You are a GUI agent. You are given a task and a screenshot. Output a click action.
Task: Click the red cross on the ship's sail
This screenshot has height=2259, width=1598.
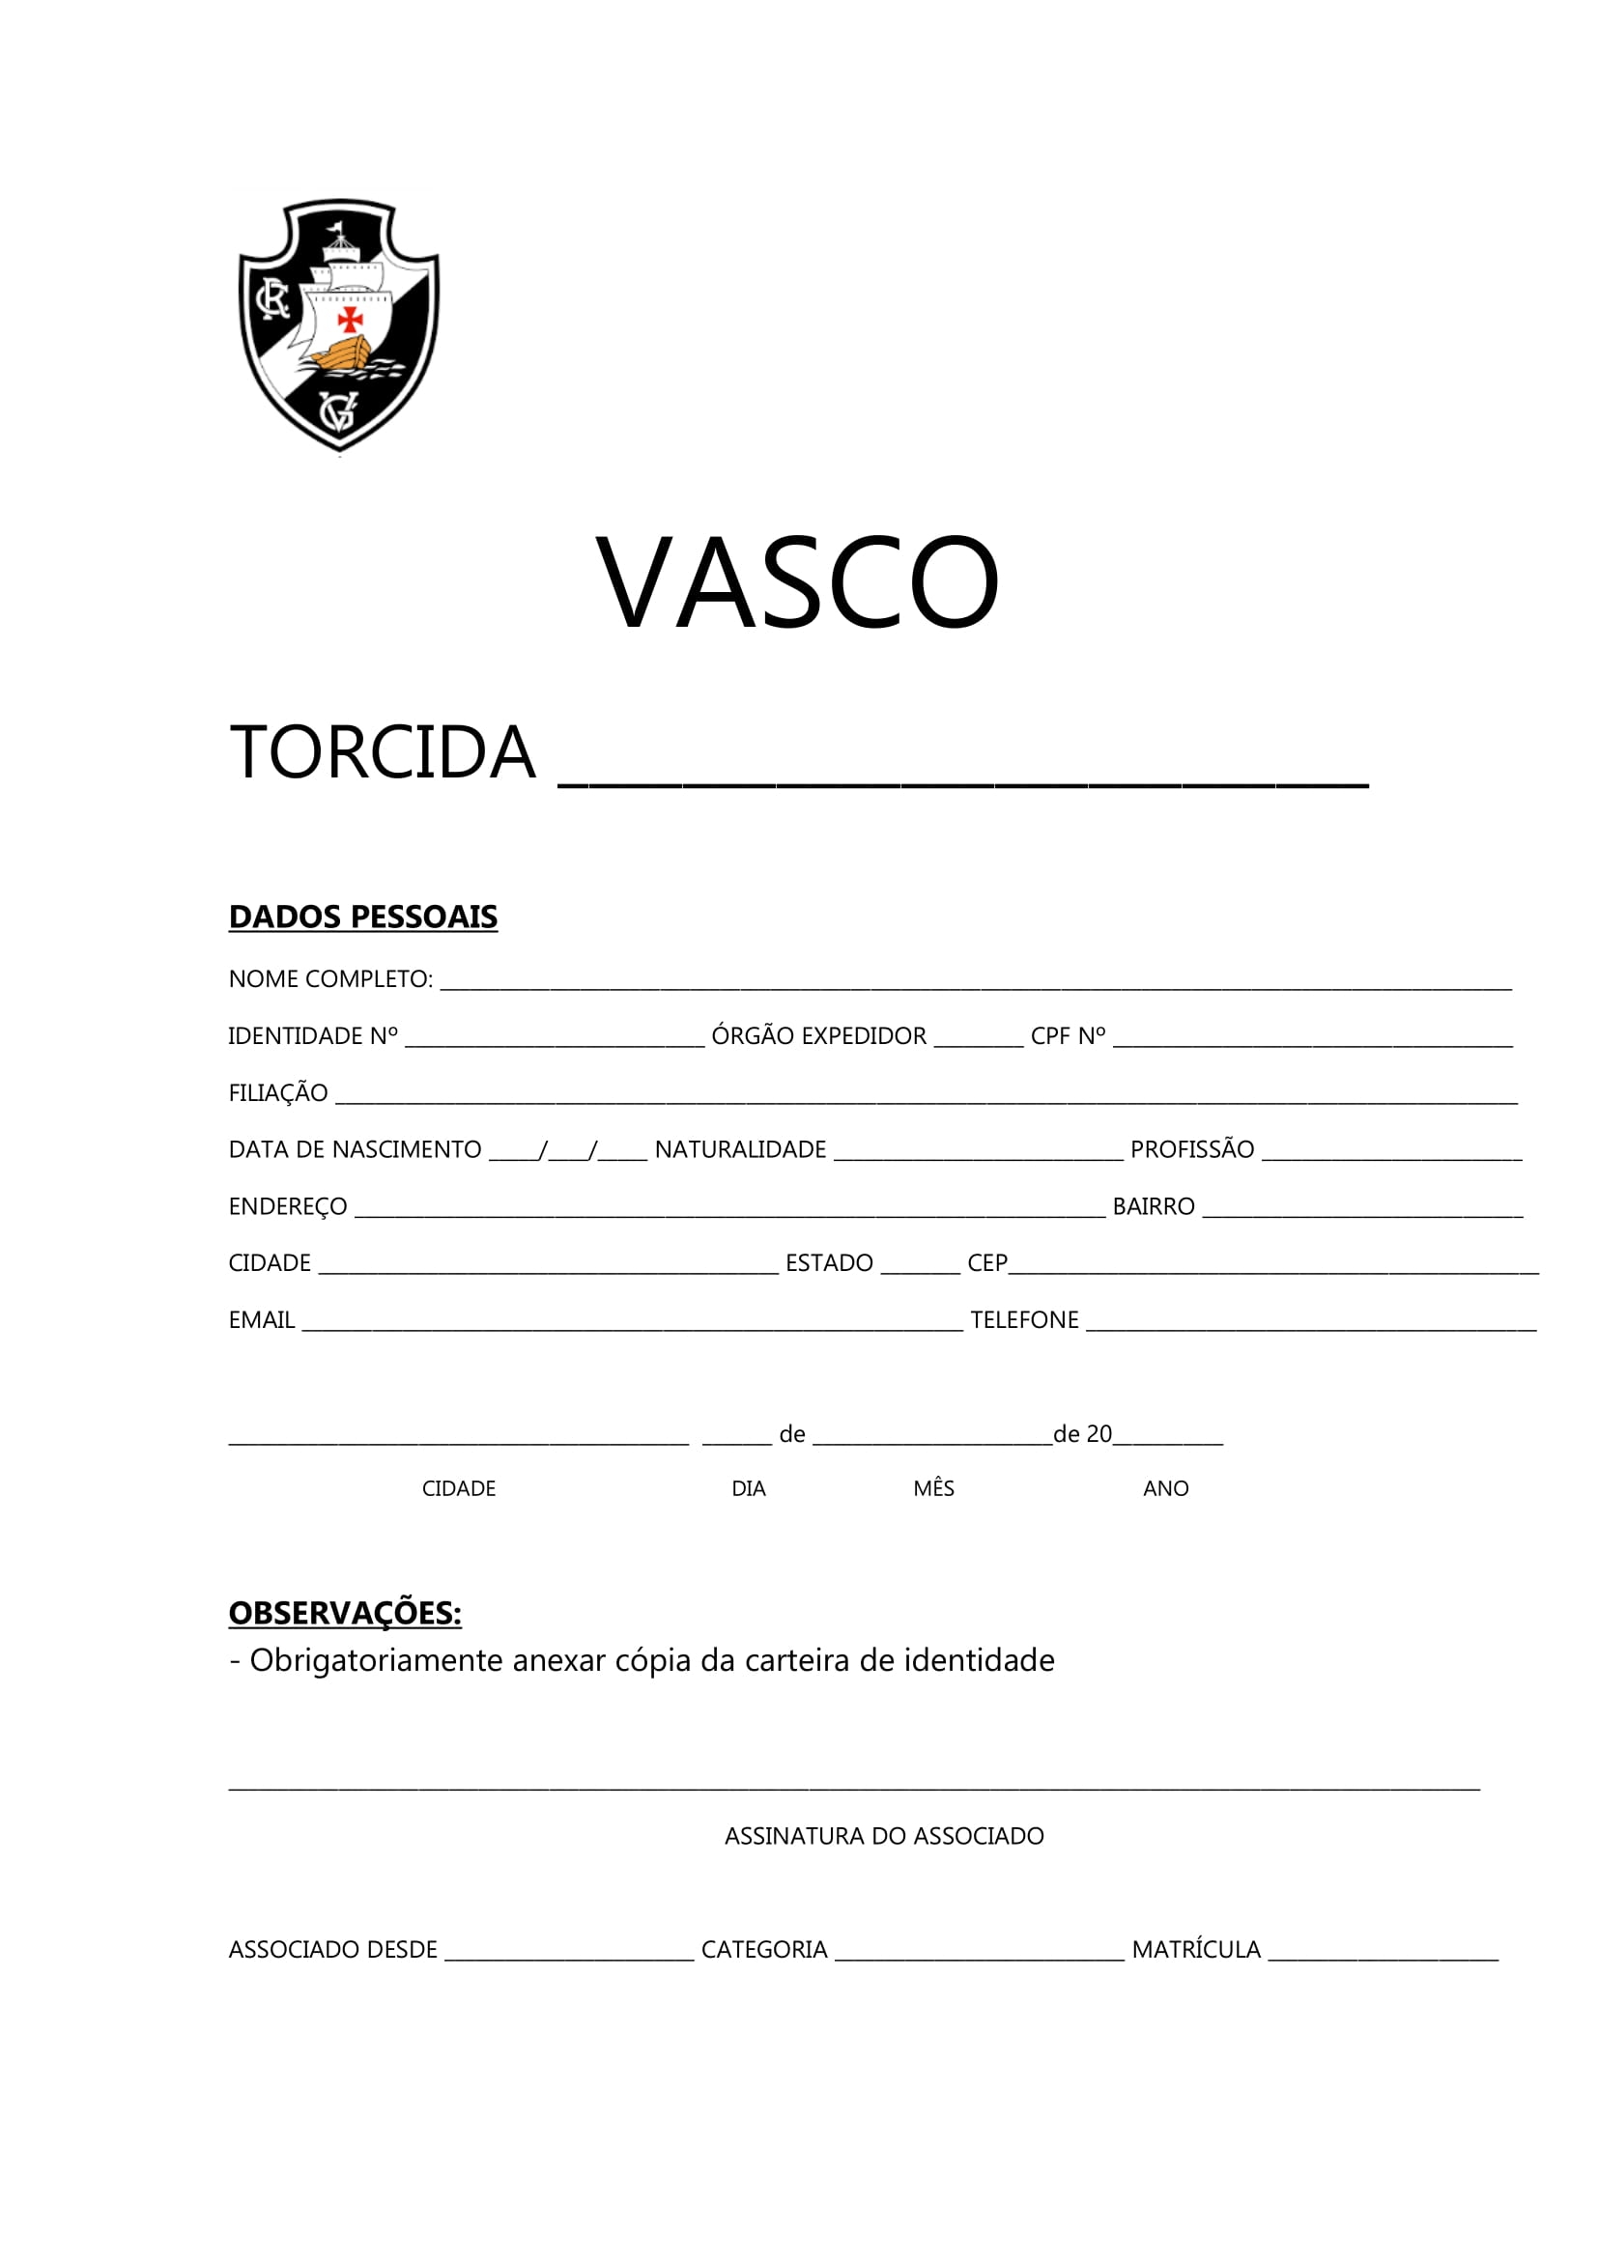[x=351, y=318]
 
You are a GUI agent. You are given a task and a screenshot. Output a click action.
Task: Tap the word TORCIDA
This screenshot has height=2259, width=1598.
[x=383, y=752]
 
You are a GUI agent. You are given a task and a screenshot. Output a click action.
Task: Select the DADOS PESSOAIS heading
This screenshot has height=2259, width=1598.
[x=363, y=917]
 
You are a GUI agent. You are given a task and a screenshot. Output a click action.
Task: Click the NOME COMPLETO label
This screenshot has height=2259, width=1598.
[x=330, y=979]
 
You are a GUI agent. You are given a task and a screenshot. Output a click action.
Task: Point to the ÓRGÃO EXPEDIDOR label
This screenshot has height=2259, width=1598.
[x=818, y=1036]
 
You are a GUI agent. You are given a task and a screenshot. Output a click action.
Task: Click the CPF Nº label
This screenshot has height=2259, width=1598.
[x=1068, y=1036]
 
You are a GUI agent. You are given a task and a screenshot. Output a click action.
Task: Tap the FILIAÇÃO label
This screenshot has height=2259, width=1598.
[x=278, y=1093]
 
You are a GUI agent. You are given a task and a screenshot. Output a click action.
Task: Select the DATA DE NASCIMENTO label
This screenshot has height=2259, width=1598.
[x=356, y=1149]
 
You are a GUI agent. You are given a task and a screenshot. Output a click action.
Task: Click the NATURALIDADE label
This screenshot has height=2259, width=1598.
[x=740, y=1149]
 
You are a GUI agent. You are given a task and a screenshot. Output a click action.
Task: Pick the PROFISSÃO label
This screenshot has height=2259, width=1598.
[x=1191, y=1149]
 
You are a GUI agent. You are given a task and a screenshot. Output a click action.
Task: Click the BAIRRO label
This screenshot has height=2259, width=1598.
[x=1154, y=1206]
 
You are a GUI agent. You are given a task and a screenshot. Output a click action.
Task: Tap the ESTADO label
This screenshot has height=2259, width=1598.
[x=829, y=1263]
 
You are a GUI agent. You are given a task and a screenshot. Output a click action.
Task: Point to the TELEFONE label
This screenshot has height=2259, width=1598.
[x=1024, y=1320]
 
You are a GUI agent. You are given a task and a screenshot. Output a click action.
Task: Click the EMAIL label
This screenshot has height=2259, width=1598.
[x=262, y=1320]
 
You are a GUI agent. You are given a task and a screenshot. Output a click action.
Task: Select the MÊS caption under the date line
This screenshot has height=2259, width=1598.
[x=933, y=1488]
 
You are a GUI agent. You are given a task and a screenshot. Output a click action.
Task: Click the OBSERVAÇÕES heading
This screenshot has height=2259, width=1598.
[x=345, y=1614]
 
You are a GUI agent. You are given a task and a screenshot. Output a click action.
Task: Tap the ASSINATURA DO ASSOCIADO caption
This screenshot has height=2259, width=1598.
[x=884, y=1836]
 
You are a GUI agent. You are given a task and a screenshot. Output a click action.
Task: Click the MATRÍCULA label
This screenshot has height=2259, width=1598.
[x=1195, y=1950]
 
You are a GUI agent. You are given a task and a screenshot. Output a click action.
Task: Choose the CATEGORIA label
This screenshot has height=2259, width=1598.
[x=763, y=1950]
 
